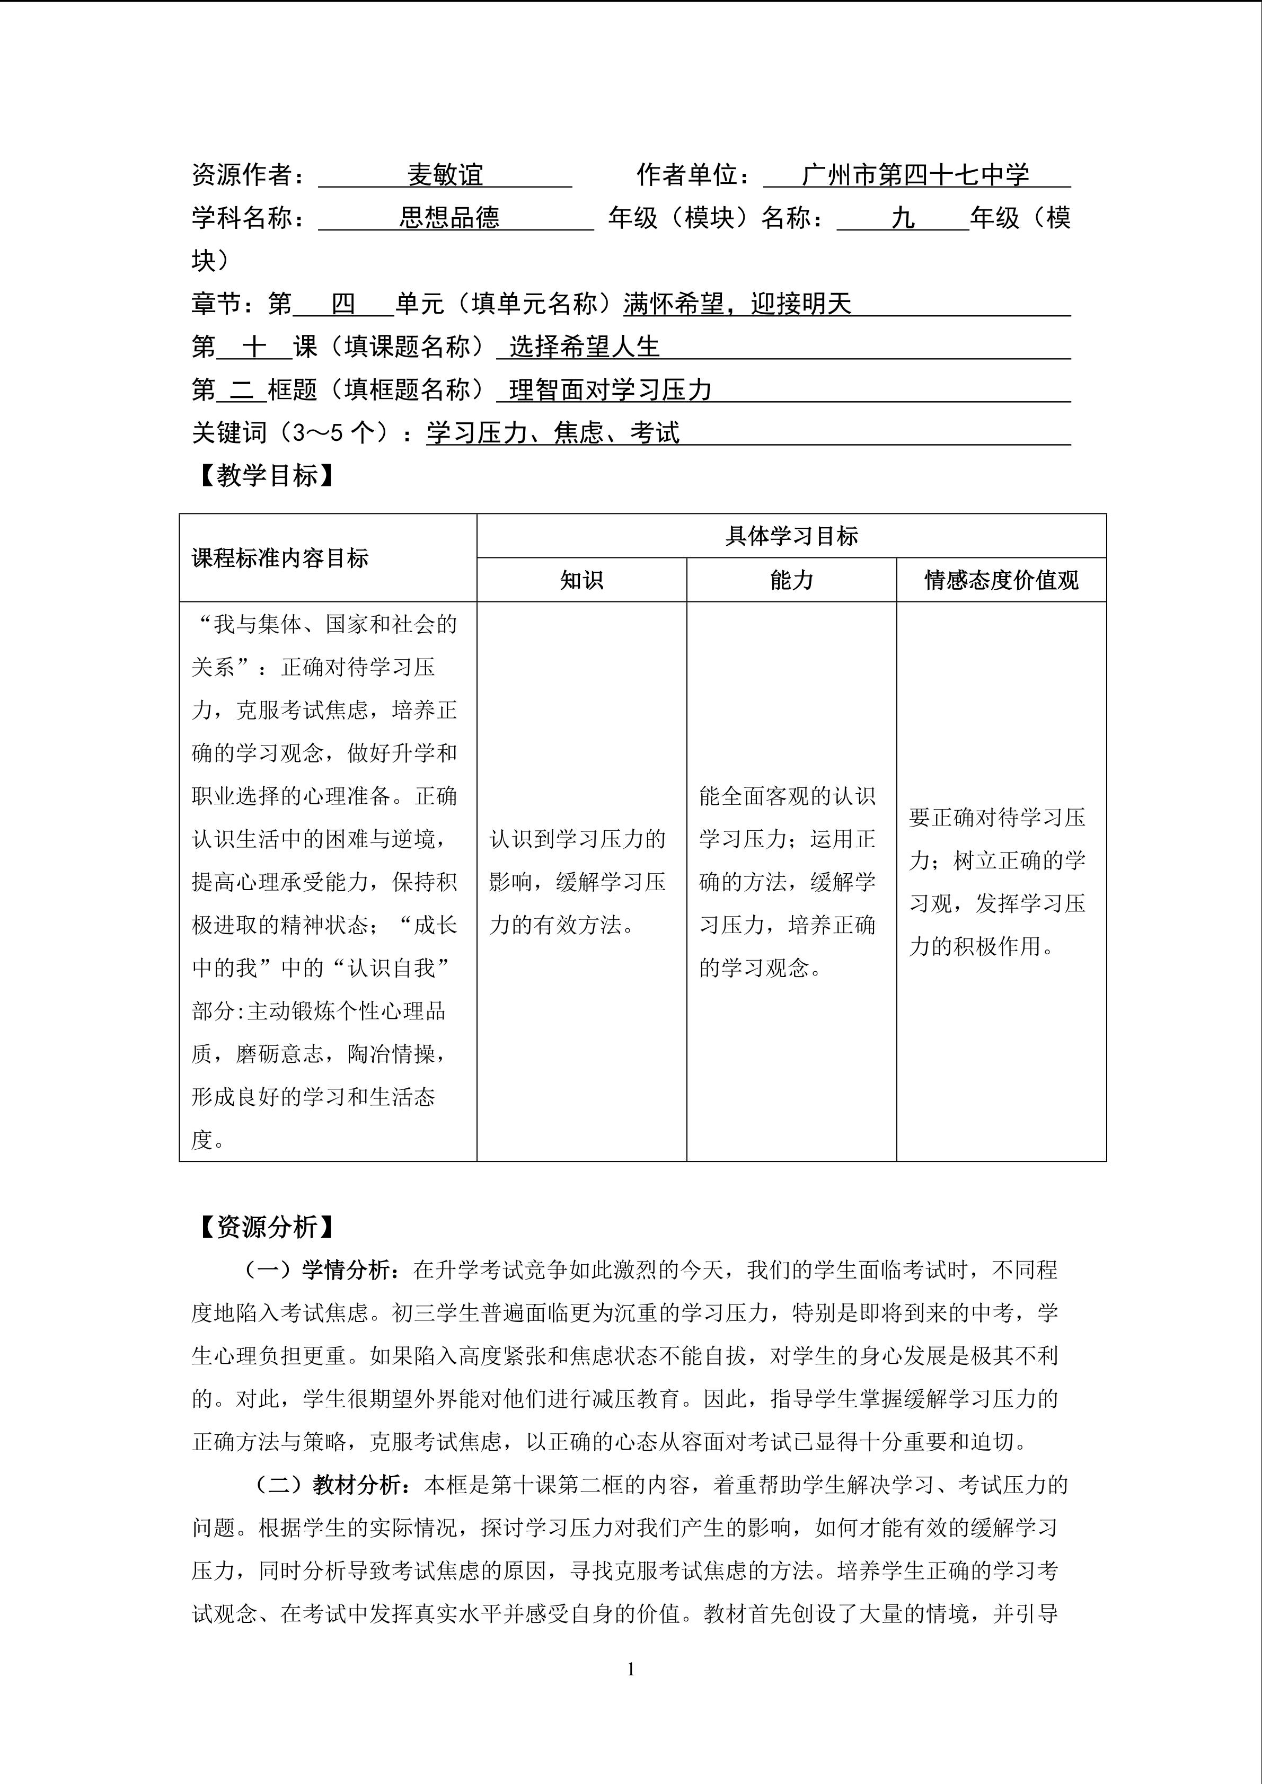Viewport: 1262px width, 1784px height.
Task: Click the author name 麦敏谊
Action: tap(445, 175)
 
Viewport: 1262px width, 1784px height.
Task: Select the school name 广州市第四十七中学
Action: tap(915, 175)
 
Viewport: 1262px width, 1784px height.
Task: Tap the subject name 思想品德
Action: tap(449, 218)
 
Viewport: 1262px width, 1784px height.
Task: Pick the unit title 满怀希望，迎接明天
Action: tap(737, 303)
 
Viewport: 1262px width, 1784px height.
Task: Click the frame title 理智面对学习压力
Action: tap(611, 389)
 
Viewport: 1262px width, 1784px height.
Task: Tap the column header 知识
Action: tap(581, 580)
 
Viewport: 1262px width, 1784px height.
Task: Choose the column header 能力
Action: tap(791, 580)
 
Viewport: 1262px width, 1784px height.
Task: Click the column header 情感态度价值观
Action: tap(1001, 580)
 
